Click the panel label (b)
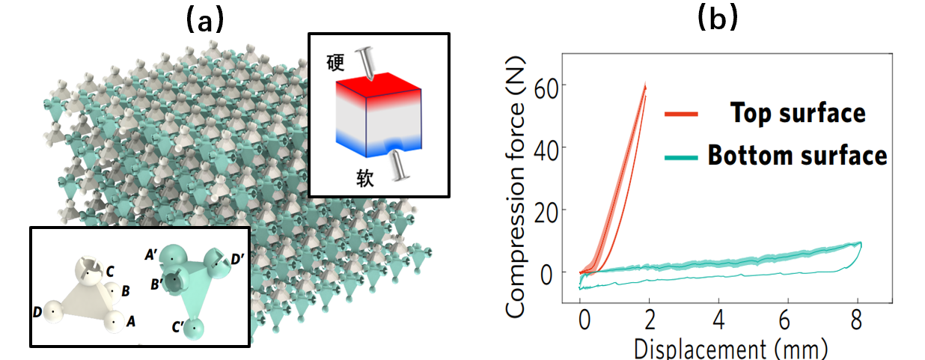(716, 17)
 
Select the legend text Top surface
(797, 113)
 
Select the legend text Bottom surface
(797, 156)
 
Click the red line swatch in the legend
(681, 114)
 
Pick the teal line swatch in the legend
(681, 156)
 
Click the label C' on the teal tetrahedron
(180, 328)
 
